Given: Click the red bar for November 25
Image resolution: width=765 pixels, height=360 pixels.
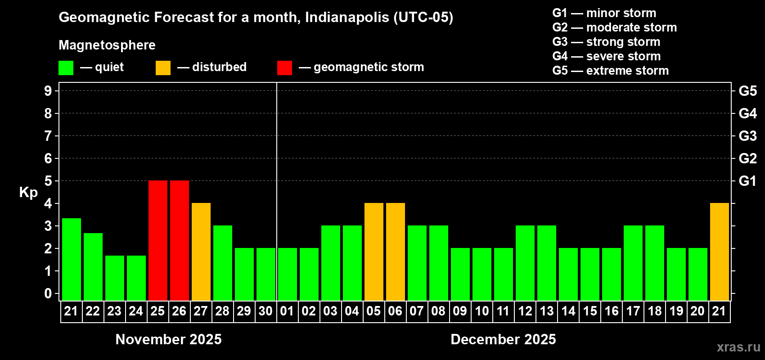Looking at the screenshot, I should coord(158,240).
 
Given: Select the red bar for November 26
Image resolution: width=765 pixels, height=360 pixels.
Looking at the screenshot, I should coord(180,240).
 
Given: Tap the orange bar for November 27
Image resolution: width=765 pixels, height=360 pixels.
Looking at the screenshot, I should coord(201,252).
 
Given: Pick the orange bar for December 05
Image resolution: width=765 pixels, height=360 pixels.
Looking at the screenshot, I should coord(374,252).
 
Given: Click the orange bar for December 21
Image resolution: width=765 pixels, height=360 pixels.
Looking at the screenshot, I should coord(720,252).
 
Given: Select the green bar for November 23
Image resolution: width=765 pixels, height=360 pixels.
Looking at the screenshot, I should coord(115,278).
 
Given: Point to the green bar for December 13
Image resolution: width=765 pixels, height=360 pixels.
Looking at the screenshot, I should coord(547,263).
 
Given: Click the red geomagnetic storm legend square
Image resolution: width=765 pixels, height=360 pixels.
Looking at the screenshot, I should coord(284,68).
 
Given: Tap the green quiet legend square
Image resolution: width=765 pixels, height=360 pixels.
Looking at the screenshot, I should coord(66,68).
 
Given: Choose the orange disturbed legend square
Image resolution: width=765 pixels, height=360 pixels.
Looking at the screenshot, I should coord(163,68).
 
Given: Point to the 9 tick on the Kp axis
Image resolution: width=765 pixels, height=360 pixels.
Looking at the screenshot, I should coord(48,91).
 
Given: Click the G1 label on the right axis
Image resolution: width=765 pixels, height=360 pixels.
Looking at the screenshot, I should coord(747,181).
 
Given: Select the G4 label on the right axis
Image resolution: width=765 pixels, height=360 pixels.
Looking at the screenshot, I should coord(747,113).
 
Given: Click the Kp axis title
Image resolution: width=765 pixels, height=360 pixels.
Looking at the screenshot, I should coord(28,193).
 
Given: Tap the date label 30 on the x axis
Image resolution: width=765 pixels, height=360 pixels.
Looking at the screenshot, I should coord(265,311).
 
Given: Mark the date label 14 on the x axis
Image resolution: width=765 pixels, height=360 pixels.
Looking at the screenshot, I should coord(568,311).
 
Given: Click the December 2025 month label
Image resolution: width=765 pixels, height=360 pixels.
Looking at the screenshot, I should coord(503,339).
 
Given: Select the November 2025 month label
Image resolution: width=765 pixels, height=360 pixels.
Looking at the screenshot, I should coord(169,339).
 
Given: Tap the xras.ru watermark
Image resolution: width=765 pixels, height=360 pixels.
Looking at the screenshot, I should coord(738,347).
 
